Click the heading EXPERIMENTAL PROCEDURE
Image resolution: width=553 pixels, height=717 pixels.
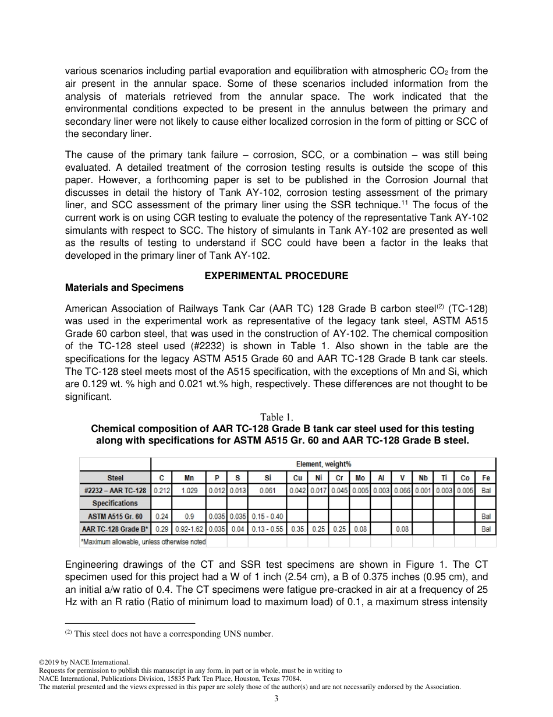point(276,276)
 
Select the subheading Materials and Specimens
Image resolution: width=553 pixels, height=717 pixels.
point(124,287)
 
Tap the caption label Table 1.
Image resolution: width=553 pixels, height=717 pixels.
point(276,417)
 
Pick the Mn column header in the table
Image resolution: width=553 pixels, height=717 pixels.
point(189,477)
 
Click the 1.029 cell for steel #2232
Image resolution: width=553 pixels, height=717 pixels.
point(189,490)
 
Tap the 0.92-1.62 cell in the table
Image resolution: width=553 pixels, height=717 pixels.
point(189,529)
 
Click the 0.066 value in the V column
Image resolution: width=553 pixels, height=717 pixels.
point(402,490)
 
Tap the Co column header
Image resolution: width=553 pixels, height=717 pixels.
point(465,477)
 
